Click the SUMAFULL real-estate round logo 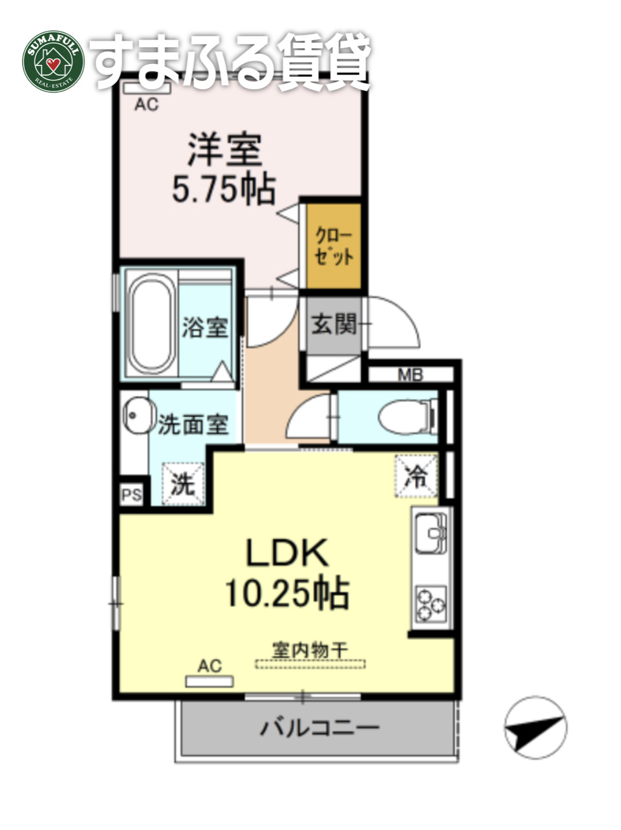click(x=54, y=61)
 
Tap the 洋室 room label click(x=225, y=150)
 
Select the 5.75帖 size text click(x=224, y=190)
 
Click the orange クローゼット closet click(x=333, y=246)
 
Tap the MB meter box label click(x=409, y=374)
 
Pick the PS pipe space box click(x=132, y=495)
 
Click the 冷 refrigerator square click(x=416, y=476)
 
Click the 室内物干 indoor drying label click(x=310, y=650)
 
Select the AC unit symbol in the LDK click(x=209, y=681)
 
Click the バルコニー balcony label click(x=320, y=729)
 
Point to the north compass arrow click(x=535, y=727)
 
